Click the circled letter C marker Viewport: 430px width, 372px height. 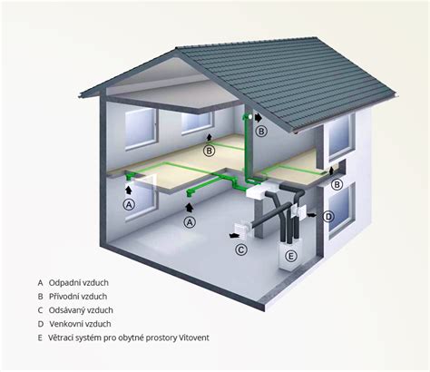point(241,250)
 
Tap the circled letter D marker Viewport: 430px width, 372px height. point(328,217)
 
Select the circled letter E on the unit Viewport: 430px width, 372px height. point(290,256)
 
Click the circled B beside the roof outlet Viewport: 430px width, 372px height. point(261,132)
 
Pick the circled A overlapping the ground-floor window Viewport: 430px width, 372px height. point(129,205)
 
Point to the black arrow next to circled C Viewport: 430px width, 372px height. point(233,236)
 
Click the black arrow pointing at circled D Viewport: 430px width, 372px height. point(312,214)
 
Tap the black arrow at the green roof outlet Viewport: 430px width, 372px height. point(258,117)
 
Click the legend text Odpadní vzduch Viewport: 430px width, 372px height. point(79,283)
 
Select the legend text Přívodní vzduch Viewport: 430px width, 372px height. point(78,297)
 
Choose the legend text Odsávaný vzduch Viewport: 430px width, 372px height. point(81,310)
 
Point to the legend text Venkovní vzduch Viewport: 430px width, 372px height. point(80,324)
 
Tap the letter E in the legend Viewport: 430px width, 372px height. point(40,338)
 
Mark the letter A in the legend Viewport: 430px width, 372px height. point(41,283)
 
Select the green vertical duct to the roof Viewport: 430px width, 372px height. point(247,148)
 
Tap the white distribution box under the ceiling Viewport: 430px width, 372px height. point(256,191)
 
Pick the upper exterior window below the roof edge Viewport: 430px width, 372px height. point(340,137)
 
